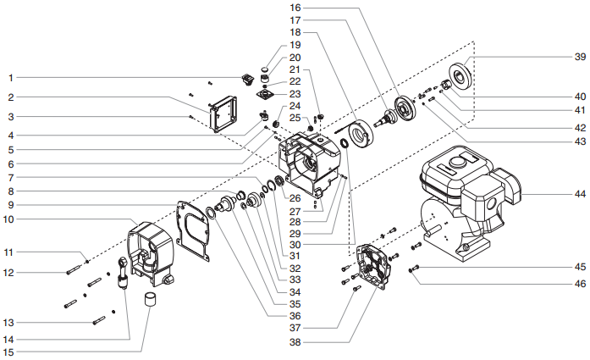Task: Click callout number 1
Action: pyautogui.click(x=12, y=78)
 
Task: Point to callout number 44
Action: pyautogui.click(x=579, y=195)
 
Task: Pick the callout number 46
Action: pyautogui.click(x=579, y=285)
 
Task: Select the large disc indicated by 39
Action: pyautogui.click(x=460, y=77)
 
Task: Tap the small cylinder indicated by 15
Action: pyautogui.click(x=151, y=301)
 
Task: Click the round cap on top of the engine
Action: pyautogui.click(x=458, y=160)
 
